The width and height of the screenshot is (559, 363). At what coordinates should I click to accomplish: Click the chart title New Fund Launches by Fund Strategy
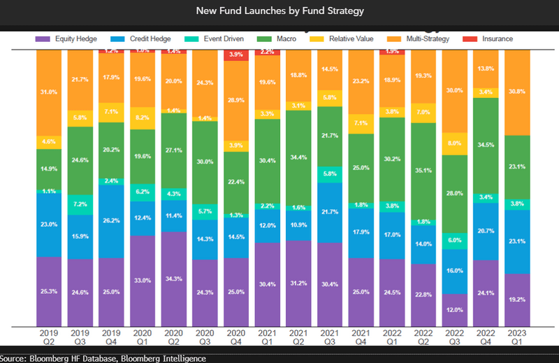(x=279, y=11)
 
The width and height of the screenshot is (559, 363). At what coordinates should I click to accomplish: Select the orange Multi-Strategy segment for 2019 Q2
(x=49, y=91)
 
